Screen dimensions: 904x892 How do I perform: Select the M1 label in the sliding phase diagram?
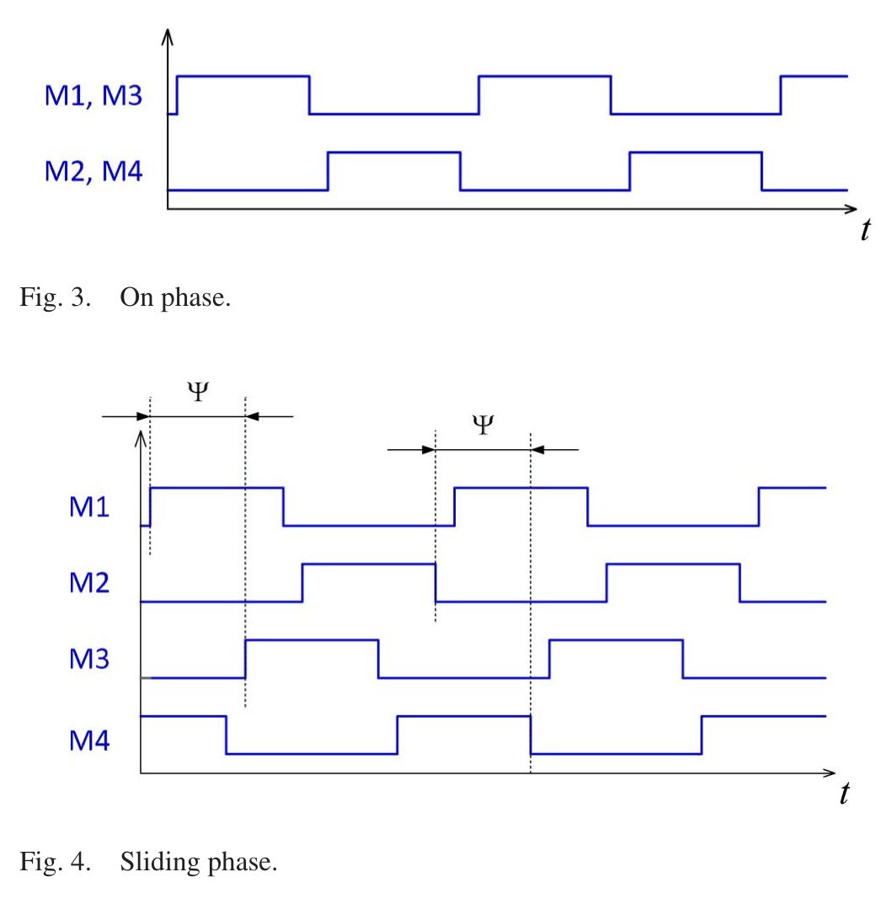click(89, 509)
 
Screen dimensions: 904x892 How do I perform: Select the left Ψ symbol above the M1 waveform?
click(196, 392)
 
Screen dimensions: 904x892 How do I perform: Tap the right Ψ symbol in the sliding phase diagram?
click(482, 425)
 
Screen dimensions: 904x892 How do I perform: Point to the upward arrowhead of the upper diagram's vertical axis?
click(168, 36)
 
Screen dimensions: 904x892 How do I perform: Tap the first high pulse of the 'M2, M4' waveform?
click(393, 152)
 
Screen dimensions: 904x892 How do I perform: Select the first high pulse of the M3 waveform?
click(311, 641)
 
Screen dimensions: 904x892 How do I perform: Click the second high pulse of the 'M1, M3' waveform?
click(544, 77)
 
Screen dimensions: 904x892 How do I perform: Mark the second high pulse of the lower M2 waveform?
click(673, 564)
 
